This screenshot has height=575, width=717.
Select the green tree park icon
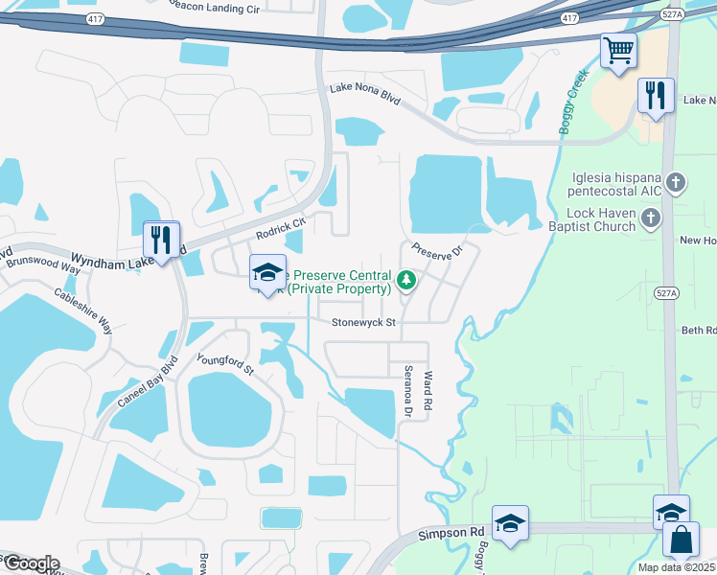(x=406, y=281)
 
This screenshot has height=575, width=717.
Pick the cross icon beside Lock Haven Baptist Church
(x=651, y=219)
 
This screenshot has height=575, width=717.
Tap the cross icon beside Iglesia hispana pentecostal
(x=677, y=182)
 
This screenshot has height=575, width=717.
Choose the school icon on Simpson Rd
(x=511, y=523)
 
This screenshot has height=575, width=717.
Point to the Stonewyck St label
(x=363, y=323)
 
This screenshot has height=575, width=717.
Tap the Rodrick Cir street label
(x=280, y=227)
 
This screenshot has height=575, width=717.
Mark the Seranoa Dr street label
(x=406, y=393)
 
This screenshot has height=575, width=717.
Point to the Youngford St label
(x=224, y=364)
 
